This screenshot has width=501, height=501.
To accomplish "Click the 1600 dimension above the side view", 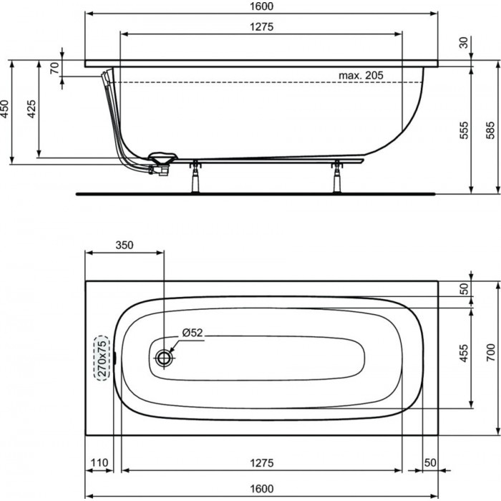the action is [261, 6].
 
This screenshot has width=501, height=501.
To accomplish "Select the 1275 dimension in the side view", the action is [261, 26].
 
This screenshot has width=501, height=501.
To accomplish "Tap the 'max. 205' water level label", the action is [361, 75].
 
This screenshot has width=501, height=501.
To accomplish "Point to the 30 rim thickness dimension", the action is [464, 42].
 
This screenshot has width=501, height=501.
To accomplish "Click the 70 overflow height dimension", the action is [54, 68].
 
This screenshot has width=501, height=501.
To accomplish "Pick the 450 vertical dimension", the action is [4, 109].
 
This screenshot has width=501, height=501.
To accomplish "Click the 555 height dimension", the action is [464, 130].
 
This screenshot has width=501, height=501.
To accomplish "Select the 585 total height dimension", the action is [490, 130].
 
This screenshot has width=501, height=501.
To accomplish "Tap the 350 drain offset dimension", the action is [125, 245].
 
